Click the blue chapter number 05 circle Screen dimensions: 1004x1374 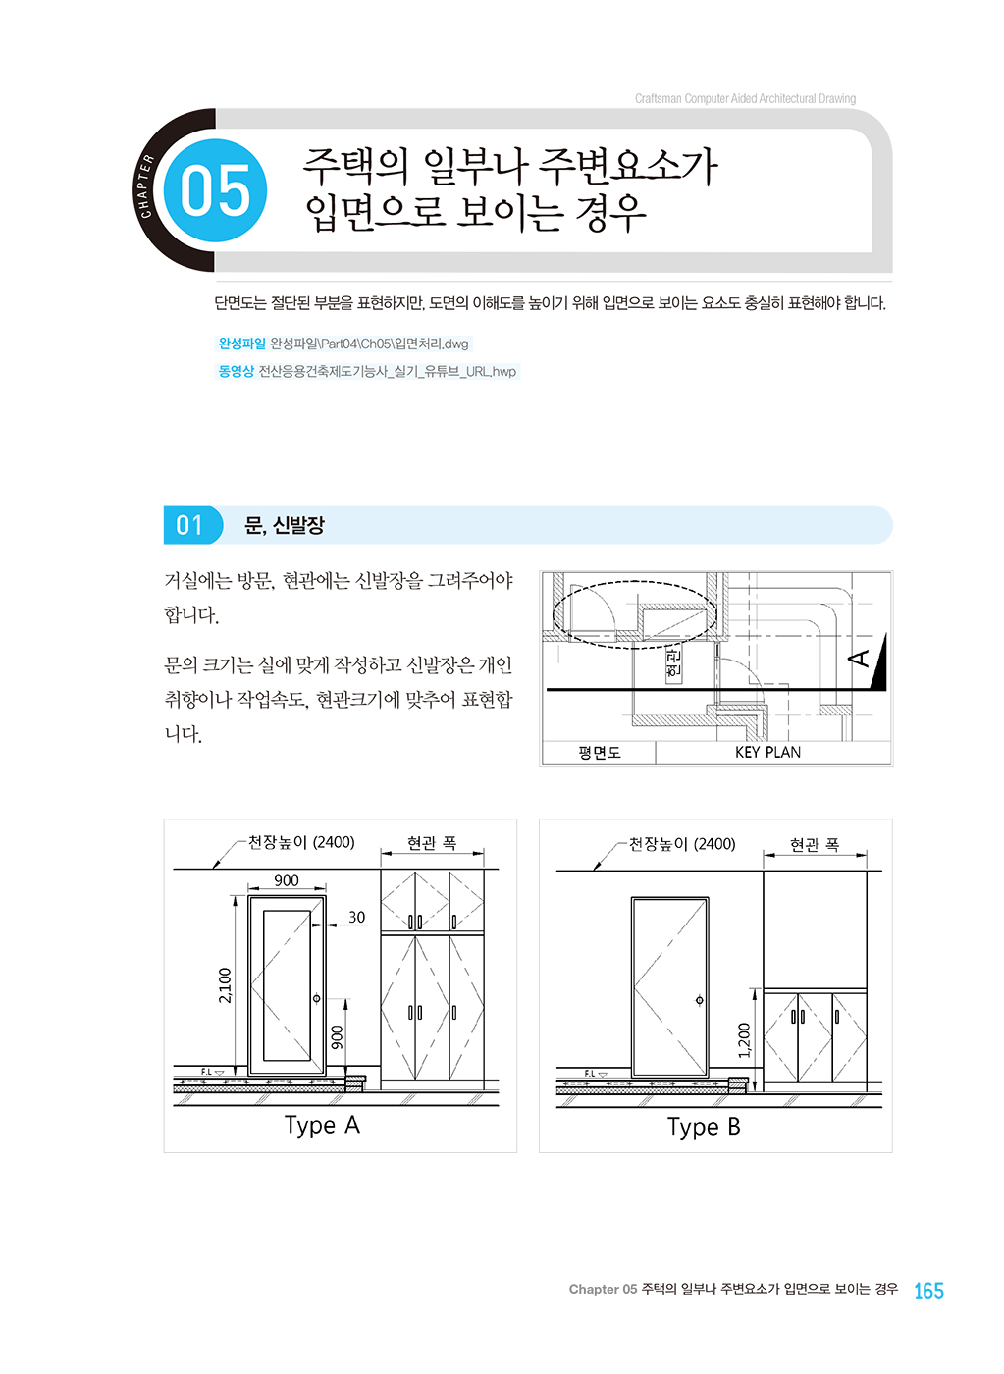pos(215,190)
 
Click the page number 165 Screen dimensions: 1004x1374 pos(928,1291)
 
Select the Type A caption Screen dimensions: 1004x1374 pos(322,1126)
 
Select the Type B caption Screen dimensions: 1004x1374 pos(704,1128)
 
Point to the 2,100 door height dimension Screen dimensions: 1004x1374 pos(225,985)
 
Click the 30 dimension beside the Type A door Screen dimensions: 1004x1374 pos(357,917)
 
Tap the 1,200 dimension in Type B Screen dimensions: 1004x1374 pos(744,1040)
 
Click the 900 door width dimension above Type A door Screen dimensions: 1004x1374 pos(286,881)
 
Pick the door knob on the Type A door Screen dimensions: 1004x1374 pos(316,999)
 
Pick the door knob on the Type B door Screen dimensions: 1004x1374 pos(699,1000)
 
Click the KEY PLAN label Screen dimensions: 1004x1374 pos(767,752)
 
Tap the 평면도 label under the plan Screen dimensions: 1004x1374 pos(600,753)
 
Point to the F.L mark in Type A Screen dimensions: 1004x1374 pos(206,1071)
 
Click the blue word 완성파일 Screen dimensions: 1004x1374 pos(241,343)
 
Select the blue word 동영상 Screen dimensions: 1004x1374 pos(236,372)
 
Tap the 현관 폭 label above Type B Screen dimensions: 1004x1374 pos(814,845)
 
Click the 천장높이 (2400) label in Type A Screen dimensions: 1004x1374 pos(301,842)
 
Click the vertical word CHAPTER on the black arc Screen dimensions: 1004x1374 pos(146,185)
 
